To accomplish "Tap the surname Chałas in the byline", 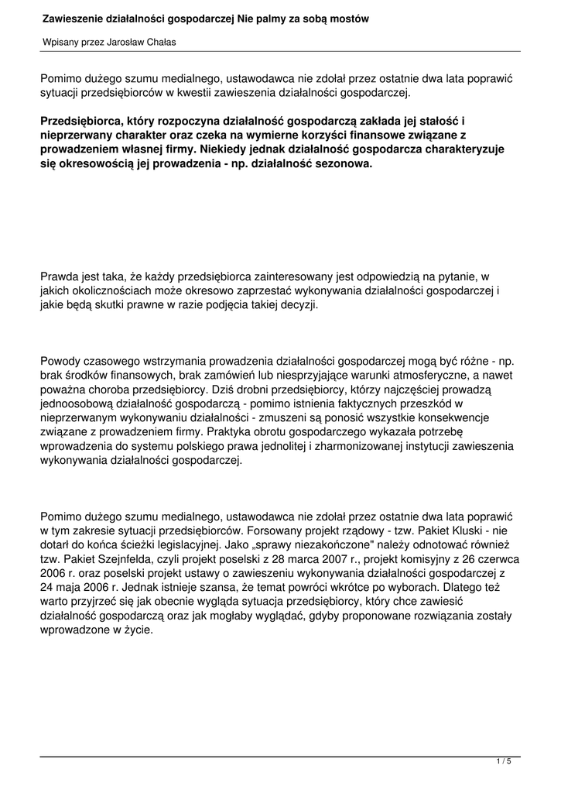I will [157, 42].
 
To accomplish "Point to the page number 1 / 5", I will [504, 762].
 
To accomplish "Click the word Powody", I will [61, 362].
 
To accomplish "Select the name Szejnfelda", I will [126, 560].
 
